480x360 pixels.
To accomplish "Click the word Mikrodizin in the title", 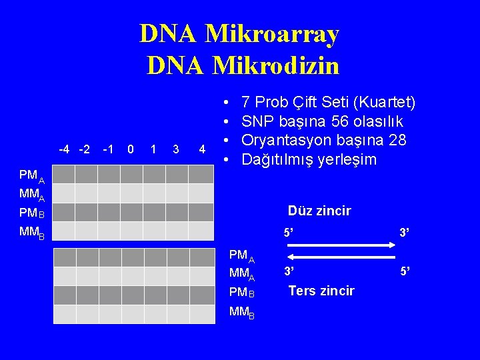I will tap(275, 65).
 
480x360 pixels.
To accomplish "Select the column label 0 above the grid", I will tap(131, 149).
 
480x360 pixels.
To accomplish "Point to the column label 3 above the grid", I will tap(175, 149).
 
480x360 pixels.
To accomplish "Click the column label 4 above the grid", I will tap(202, 149).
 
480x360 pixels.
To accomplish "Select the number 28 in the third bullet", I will tap(415, 141).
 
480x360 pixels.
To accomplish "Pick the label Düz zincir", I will tap(319, 211).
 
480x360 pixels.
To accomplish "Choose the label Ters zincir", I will tap(321, 291).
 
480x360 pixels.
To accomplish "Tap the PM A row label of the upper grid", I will tap(31, 177).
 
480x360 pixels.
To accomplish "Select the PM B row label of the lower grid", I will tap(241, 292).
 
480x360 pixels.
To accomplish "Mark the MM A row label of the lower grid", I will tap(241, 274).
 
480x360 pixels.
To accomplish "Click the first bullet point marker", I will tap(227, 103).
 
